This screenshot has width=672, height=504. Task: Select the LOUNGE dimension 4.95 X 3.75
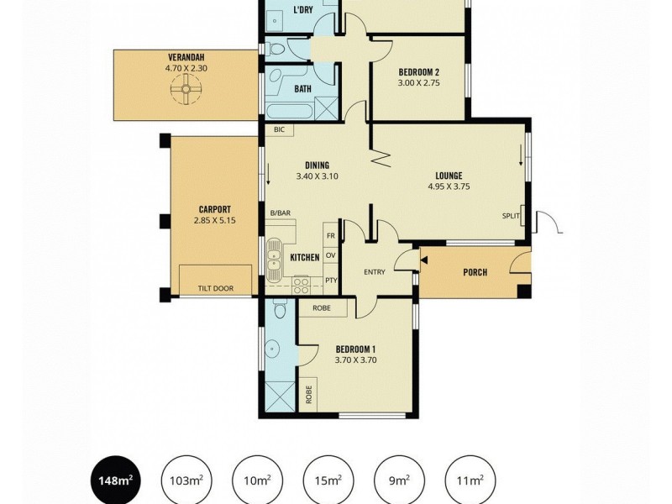[449, 186]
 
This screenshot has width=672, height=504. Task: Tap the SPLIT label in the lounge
[510, 216]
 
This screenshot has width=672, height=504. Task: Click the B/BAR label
[280, 213]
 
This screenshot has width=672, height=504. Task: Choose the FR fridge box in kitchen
[330, 237]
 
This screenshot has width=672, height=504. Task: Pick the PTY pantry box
[330, 281]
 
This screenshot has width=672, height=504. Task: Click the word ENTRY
[374, 272]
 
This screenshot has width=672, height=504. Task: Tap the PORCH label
[475, 272]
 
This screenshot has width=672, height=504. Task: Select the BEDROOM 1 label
[355, 349]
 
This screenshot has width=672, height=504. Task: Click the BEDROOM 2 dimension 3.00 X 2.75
[419, 83]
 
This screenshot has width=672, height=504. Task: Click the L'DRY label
[303, 11]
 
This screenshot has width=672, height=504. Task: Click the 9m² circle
[398, 480]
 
